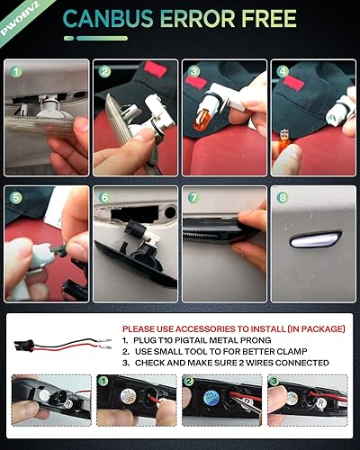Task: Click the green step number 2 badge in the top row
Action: [x=104, y=71]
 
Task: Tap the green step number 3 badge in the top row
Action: [x=193, y=71]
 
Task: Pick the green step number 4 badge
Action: [x=281, y=71]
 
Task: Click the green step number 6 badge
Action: [x=104, y=197]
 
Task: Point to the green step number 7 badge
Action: [x=193, y=197]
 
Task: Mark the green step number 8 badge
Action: [x=281, y=197]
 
